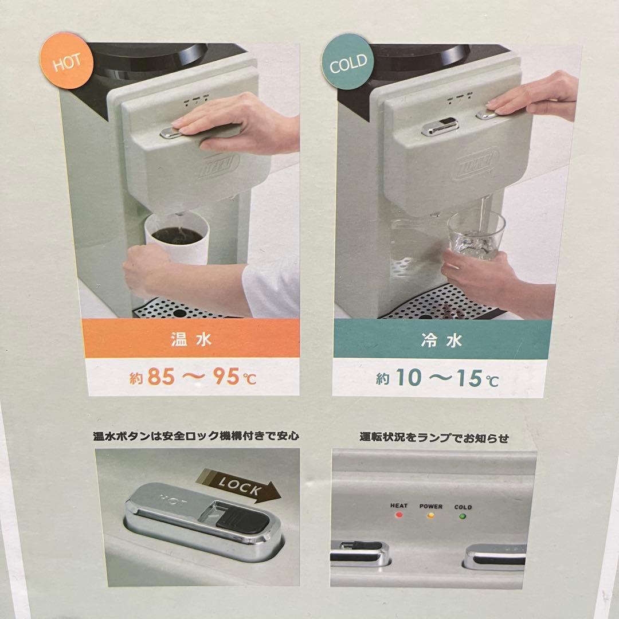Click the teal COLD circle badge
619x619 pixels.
[x=348, y=63]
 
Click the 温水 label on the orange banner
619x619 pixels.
[x=191, y=339]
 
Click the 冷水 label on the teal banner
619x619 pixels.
[x=445, y=341]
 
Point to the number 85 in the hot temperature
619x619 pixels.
[x=161, y=377]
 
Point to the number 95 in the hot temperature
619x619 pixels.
[x=224, y=377]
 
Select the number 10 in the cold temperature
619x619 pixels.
[x=408, y=378]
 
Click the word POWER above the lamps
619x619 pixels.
[x=430, y=507]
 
